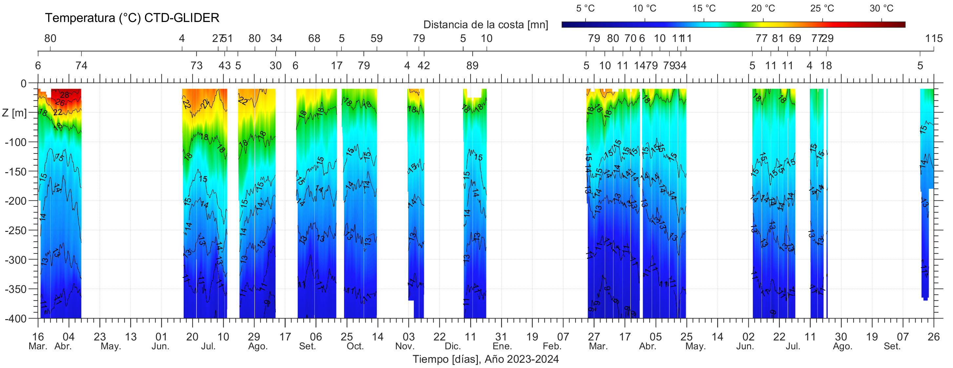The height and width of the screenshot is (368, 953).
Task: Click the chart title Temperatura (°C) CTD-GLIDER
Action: click(132, 18)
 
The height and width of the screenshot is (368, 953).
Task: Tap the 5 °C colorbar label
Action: click(585, 8)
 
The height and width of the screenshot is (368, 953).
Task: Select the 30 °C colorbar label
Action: click(881, 8)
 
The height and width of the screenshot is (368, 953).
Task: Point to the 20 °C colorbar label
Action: click(763, 8)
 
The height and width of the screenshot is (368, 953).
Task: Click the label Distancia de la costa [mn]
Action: click(485, 25)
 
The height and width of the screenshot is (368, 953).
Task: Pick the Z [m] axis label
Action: click(14, 112)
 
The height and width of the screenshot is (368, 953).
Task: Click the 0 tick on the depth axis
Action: click(24, 84)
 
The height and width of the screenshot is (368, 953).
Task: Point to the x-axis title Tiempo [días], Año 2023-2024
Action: click(485, 359)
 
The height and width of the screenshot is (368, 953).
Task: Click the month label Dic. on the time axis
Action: click(453, 347)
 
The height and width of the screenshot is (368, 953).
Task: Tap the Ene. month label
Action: click(502, 347)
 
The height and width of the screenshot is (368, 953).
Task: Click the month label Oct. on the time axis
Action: click(355, 347)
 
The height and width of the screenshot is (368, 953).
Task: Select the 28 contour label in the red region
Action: click(64, 95)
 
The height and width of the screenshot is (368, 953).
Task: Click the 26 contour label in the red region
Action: click(60, 103)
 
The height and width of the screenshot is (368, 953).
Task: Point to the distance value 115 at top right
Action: click(934, 38)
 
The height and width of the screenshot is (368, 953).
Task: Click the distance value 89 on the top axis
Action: click(472, 66)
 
